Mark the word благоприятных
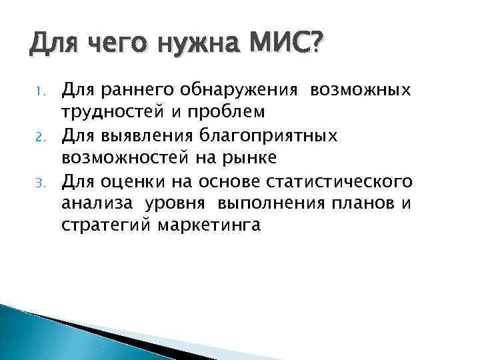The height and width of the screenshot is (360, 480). coord(274,136)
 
